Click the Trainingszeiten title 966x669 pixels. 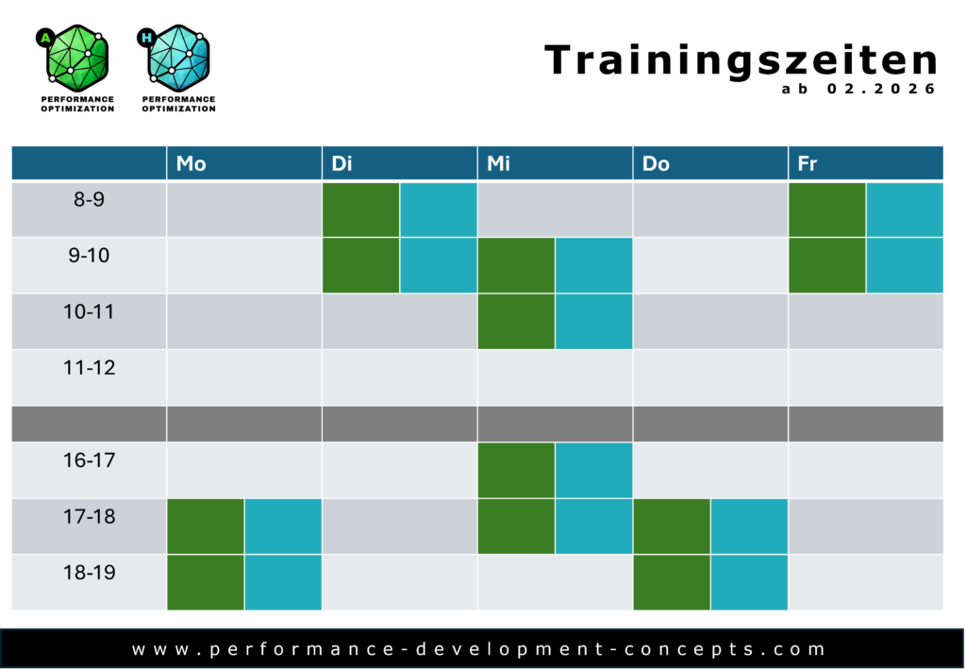[741, 61]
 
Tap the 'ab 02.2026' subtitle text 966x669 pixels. [858, 89]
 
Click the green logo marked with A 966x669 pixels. [76, 68]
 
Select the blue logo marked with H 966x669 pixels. [177, 68]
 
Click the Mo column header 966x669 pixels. [191, 163]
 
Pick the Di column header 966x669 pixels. [341, 163]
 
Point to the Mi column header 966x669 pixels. [498, 163]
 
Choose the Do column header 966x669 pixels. [656, 163]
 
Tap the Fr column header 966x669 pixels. [808, 163]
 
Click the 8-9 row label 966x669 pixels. [89, 200]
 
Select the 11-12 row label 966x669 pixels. [89, 368]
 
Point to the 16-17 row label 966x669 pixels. [89, 460]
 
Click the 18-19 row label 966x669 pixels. [89, 573]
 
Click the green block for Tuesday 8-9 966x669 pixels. [361, 209]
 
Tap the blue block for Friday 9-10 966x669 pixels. [905, 265]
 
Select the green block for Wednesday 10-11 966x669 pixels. [516, 322]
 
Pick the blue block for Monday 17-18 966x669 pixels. [283, 527]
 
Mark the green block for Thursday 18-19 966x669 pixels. [672, 583]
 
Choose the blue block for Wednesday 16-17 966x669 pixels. [594, 470]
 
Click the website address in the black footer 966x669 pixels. [478, 649]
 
